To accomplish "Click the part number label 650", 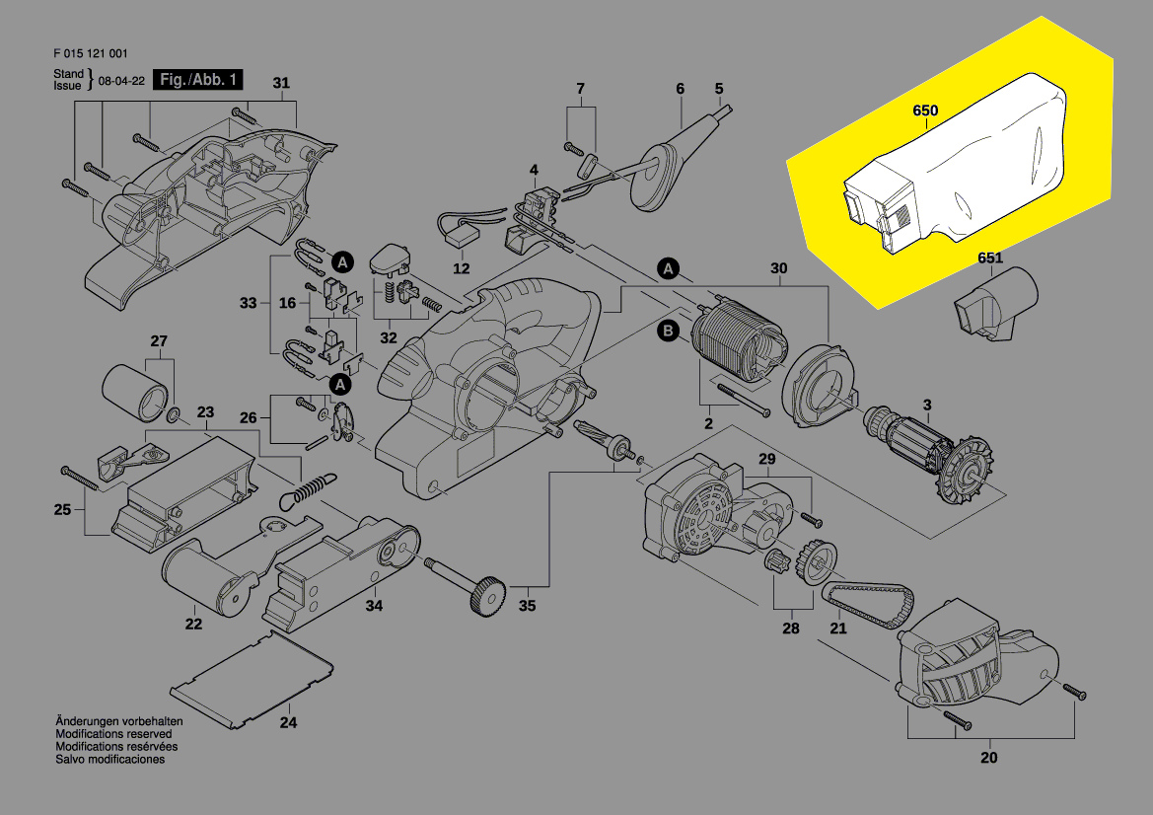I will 925,111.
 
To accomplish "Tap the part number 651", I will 989,259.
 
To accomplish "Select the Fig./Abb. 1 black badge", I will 195,80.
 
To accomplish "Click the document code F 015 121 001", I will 91,54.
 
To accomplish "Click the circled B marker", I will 668,332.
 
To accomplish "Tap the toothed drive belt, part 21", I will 870,605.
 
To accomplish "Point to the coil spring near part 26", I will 312,486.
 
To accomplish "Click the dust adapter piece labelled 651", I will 996,305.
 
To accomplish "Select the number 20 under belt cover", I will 988,758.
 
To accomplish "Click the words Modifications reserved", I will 113,734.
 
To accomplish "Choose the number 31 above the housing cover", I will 282,83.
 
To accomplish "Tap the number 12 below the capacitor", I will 462,268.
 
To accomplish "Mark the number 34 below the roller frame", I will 374,606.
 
